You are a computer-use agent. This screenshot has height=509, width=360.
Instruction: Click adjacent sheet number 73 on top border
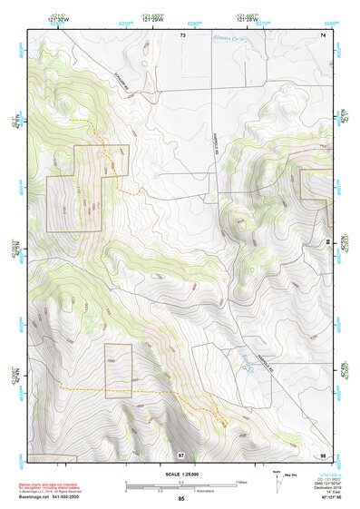tap(181, 34)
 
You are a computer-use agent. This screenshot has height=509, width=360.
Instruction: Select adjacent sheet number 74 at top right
tap(323, 34)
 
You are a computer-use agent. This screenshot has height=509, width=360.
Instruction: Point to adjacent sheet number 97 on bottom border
tap(181, 453)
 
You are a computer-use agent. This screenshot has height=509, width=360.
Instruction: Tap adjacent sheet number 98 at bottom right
tap(323, 453)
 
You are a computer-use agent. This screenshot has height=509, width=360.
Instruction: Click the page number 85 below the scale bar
tap(181, 498)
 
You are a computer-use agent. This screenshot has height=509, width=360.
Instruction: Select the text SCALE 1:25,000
tap(180, 475)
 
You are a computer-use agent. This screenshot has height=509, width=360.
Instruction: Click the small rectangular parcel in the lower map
tap(118, 370)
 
